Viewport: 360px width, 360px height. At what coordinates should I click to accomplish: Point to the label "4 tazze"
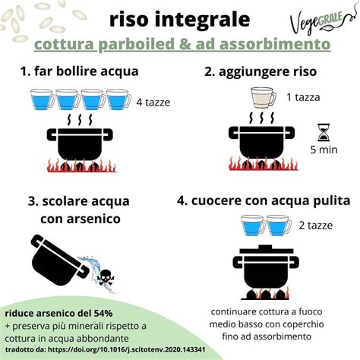point(153,103)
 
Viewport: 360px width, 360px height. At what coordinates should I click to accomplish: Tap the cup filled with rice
point(265,99)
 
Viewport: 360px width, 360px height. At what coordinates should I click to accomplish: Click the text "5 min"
point(324,150)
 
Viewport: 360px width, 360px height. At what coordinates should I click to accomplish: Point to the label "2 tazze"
point(312,226)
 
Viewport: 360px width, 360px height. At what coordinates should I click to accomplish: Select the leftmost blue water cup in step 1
point(38,102)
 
